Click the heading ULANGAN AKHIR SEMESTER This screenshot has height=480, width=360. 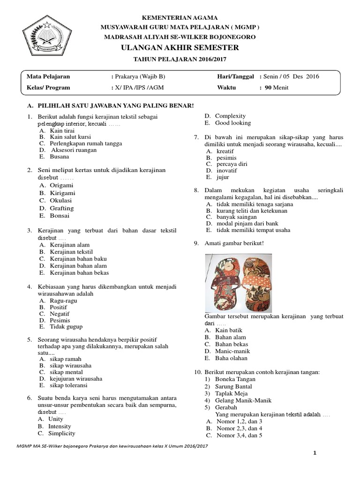[180, 48]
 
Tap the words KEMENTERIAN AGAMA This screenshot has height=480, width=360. [180, 18]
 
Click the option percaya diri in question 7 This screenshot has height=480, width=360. [232, 164]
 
